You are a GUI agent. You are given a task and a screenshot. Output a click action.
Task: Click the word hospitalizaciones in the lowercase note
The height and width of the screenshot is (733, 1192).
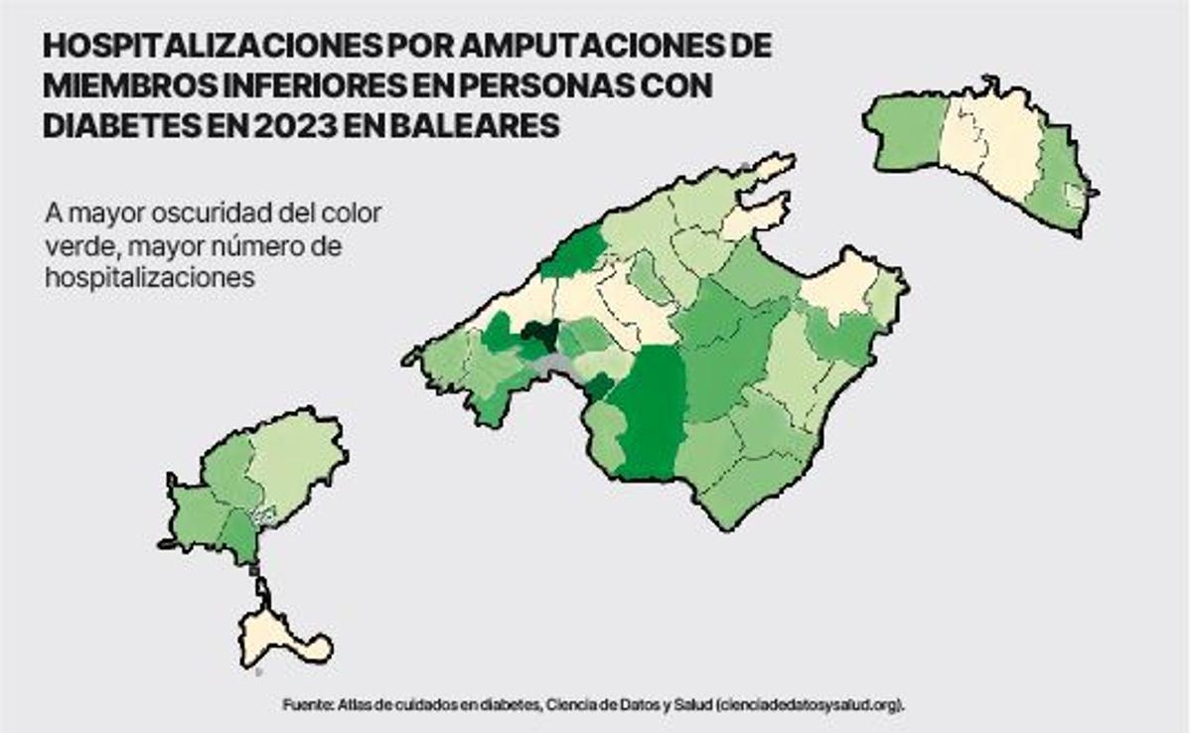coord(149,278)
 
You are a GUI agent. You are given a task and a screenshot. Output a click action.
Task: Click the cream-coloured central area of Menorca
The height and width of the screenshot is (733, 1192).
coord(988,139)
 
